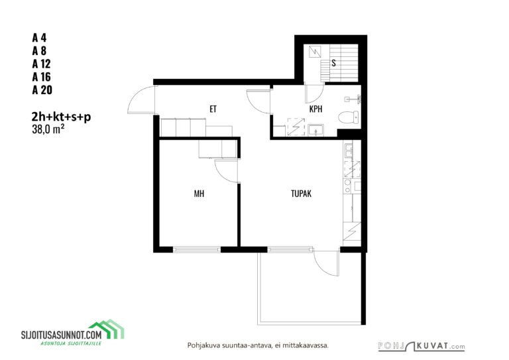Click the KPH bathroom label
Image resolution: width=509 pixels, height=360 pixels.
(x=316, y=109)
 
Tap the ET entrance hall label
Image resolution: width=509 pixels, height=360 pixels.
(x=213, y=109)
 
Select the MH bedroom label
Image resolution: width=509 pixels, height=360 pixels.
(x=199, y=194)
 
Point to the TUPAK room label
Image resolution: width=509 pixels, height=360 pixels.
(x=302, y=194)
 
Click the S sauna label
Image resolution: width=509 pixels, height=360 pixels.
(x=334, y=63)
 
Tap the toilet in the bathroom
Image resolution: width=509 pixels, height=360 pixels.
(x=349, y=117)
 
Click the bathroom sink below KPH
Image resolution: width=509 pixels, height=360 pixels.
(x=315, y=130)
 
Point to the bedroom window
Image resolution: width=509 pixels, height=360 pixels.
(x=197, y=249)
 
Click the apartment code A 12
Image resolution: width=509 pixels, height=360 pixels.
(x=41, y=64)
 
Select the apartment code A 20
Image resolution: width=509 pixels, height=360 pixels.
(x=42, y=90)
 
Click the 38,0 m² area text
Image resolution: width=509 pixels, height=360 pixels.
(x=48, y=129)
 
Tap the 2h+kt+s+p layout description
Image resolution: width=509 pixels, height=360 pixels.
(x=62, y=117)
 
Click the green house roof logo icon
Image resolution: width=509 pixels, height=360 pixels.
(x=107, y=329)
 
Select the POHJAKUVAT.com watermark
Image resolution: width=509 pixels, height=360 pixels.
(x=422, y=346)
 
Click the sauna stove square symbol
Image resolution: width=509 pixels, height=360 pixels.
(x=315, y=52)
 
